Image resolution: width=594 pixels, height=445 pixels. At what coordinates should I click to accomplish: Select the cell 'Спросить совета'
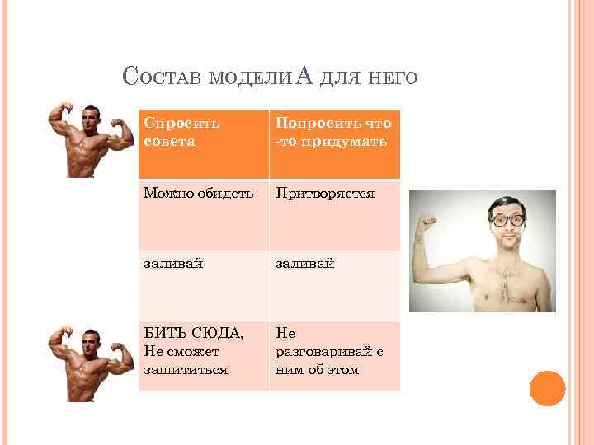point(202,144)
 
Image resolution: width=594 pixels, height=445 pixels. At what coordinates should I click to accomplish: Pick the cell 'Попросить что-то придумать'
point(334,144)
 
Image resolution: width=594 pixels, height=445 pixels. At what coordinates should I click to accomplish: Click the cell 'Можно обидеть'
point(202,215)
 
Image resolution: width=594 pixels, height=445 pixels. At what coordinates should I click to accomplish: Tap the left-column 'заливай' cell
point(202,285)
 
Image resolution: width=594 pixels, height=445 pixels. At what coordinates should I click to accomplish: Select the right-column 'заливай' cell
point(334,285)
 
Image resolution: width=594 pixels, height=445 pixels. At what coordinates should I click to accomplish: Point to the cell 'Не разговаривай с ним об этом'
point(334,355)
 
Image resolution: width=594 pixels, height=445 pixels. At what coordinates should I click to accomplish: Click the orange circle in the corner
point(547,388)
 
